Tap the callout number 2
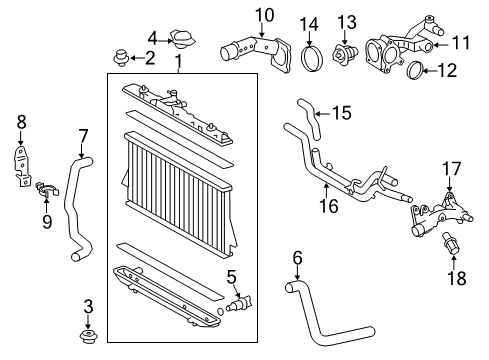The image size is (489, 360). (151, 57)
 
